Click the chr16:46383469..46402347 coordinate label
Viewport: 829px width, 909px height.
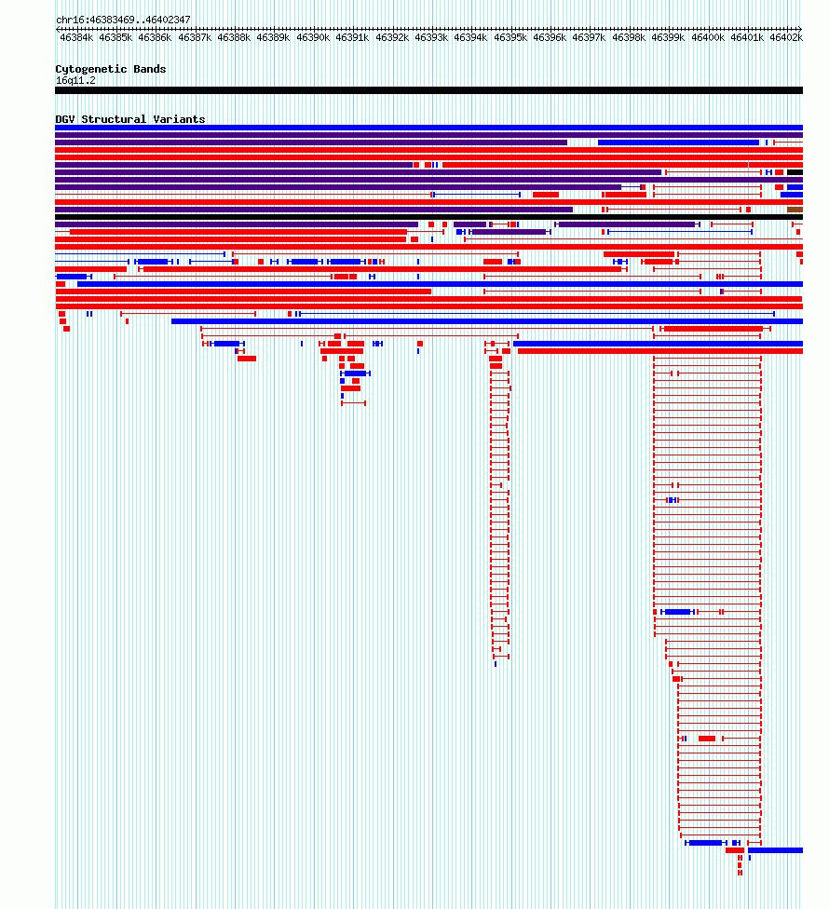pos(123,20)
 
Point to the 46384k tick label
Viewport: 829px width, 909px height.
pos(76,37)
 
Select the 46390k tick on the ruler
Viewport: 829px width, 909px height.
pos(313,37)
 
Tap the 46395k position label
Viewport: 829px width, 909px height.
pos(510,37)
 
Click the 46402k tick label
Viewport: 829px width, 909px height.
pos(786,37)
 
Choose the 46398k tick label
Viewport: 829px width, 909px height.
pos(629,37)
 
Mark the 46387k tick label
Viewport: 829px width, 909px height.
pos(195,37)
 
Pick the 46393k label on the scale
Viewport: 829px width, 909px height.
pos(431,37)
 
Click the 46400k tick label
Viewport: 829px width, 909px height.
pos(708,37)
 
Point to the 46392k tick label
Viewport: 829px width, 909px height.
pos(392,37)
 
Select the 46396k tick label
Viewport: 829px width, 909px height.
pos(550,37)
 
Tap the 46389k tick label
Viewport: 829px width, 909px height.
pos(273,37)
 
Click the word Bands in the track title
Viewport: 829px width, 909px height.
pos(150,69)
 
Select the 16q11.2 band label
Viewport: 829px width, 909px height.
pos(76,81)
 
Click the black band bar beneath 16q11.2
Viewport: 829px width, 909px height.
pos(429,90)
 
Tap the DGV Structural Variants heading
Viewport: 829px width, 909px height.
pos(130,119)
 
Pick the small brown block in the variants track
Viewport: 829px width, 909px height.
pos(795,210)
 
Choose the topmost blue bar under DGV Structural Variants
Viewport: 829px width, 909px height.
pos(429,128)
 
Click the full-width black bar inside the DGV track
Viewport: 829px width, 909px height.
pos(429,217)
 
